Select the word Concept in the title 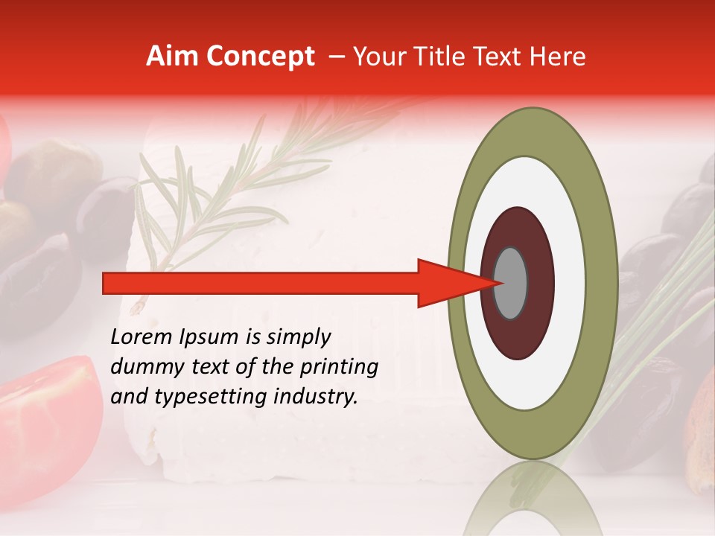(260, 57)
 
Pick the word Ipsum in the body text (209, 338)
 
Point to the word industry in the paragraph (312, 397)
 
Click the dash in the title (336, 57)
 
